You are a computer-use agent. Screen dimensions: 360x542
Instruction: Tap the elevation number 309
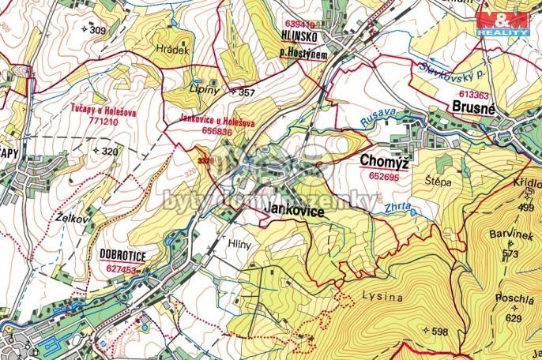pyautogui.click(x=97, y=30)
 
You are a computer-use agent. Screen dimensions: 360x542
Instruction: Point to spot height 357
pyautogui.click(x=247, y=93)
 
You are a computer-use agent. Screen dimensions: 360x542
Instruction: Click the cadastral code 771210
pyautogui.click(x=104, y=123)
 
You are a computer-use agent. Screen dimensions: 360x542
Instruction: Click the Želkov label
pyautogui.click(x=70, y=213)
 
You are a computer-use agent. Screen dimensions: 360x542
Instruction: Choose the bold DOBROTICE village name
pyautogui.click(x=125, y=254)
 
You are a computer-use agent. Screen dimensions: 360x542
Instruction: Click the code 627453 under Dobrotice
pyautogui.click(x=122, y=268)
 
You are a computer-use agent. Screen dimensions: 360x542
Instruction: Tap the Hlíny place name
pyautogui.click(x=240, y=244)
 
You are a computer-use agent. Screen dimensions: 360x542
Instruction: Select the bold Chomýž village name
pyautogui.click(x=385, y=161)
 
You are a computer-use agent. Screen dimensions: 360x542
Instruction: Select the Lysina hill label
pyautogui.click(x=383, y=298)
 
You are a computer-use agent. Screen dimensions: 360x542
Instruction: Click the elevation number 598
pyautogui.click(x=439, y=332)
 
